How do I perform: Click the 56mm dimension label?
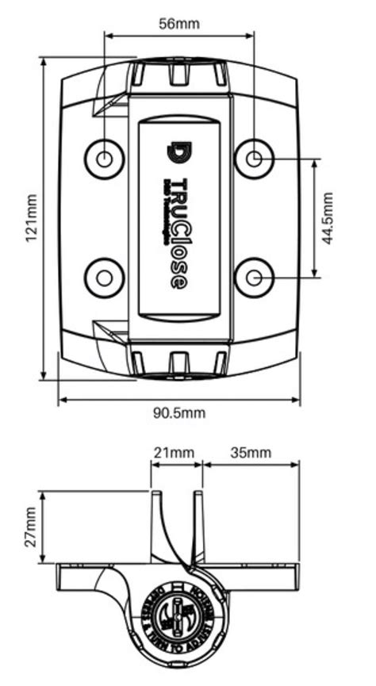178,23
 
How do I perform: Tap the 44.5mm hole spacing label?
328,217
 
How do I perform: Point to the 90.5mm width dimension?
178,412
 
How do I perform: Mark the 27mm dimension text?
29,526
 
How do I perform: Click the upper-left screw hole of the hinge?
104,158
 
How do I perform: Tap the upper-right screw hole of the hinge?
254,158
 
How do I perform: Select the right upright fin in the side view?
198,523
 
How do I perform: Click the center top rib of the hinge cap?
178,73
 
